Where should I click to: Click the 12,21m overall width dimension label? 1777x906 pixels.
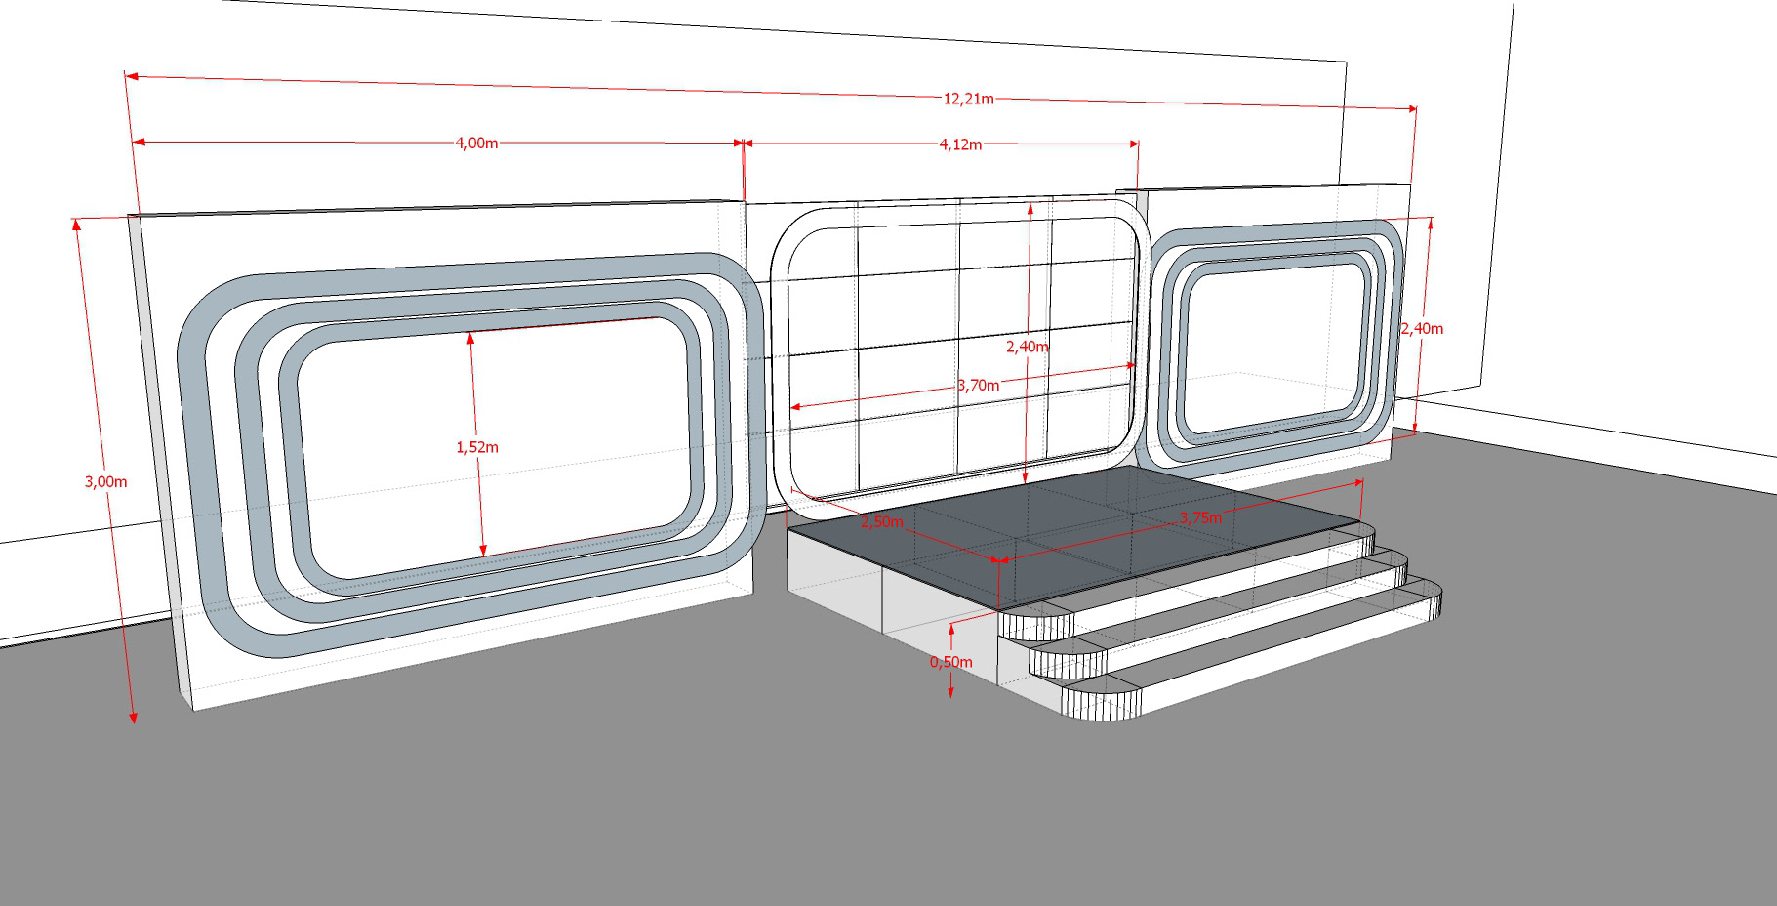[968, 99]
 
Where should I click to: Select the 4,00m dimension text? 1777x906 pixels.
[476, 144]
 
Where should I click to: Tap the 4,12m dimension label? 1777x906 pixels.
[960, 144]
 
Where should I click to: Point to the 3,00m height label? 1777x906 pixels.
[106, 481]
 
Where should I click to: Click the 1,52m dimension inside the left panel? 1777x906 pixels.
[477, 447]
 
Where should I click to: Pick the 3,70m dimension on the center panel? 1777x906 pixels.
[979, 386]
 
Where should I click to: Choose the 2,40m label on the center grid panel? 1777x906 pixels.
[1028, 347]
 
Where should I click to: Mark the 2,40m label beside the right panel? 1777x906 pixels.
[1422, 329]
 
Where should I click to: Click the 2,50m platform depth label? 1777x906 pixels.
[881, 521]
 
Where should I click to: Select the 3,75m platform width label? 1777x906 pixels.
[1200, 517]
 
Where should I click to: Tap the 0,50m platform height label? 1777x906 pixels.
[950, 662]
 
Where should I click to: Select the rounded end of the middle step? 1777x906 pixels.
[1069, 659]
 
